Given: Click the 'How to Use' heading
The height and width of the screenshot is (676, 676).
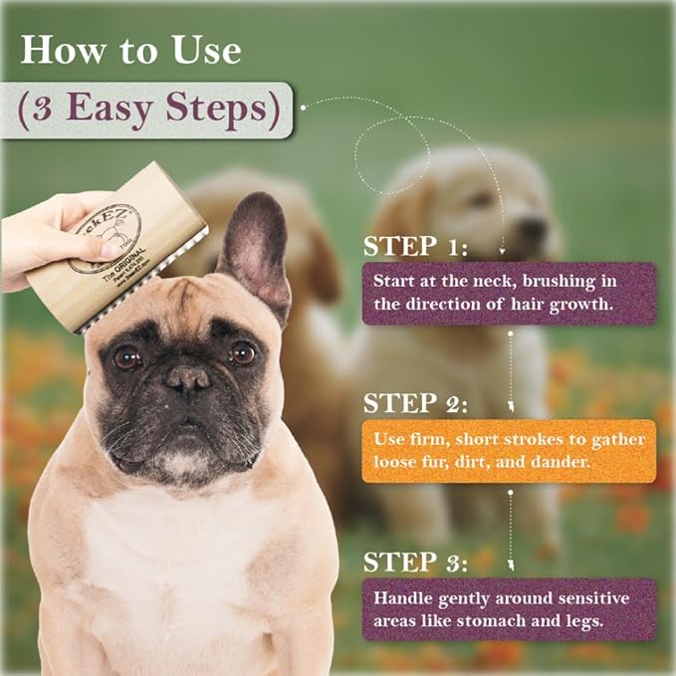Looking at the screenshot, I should [x=129, y=50].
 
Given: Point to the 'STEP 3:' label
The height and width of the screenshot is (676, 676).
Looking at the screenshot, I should [x=415, y=562].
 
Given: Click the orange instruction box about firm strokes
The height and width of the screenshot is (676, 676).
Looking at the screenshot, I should [x=508, y=451].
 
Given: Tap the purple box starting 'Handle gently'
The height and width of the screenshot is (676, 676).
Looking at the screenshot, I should [x=508, y=608].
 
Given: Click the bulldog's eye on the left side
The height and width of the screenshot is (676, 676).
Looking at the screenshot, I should [x=126, y=357].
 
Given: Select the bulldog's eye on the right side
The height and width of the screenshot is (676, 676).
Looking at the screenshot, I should [x=242, y=352].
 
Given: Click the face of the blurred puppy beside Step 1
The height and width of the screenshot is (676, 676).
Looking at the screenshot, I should [x=498, y=214].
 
